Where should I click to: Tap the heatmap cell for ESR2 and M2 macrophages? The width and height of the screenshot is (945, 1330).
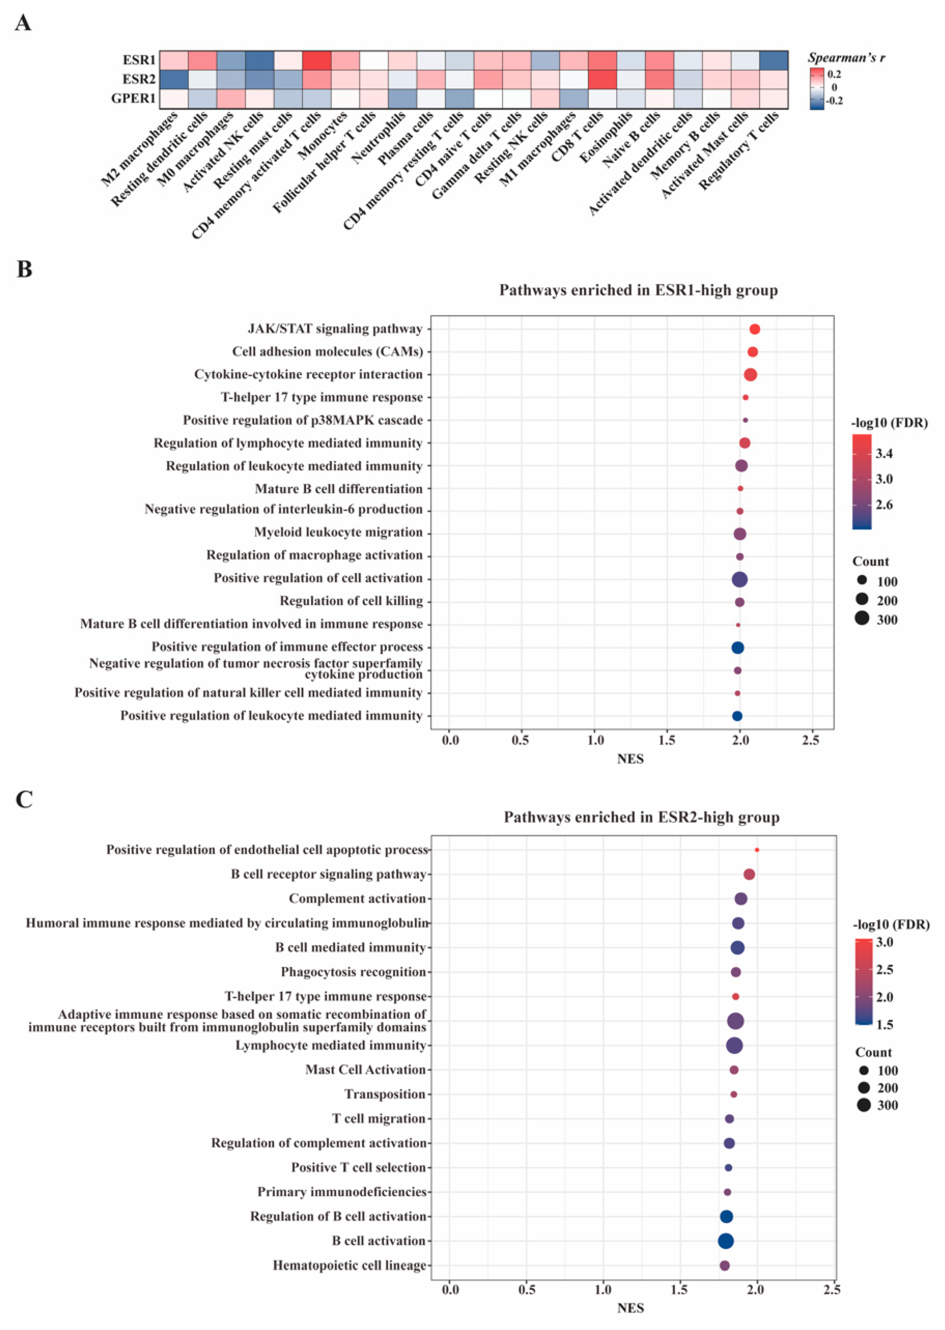click(174, 79)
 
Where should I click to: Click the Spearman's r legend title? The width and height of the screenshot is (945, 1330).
click(847, 57)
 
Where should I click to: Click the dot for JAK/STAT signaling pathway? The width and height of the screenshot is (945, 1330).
click(755, 329)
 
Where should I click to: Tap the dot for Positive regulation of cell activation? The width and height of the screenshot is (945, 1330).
click(740, 579)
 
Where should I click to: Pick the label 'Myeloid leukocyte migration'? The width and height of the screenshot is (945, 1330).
click(338, 532)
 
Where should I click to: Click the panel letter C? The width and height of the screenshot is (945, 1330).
click(24, 800)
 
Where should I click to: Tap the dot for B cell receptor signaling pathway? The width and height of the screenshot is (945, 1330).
click(749, 874)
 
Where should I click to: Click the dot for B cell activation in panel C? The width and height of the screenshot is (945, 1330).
click(726, 1241)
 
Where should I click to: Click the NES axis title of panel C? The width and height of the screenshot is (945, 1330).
click(631, 1308)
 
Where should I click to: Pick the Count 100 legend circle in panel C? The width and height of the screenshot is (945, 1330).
click(864, 1071)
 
